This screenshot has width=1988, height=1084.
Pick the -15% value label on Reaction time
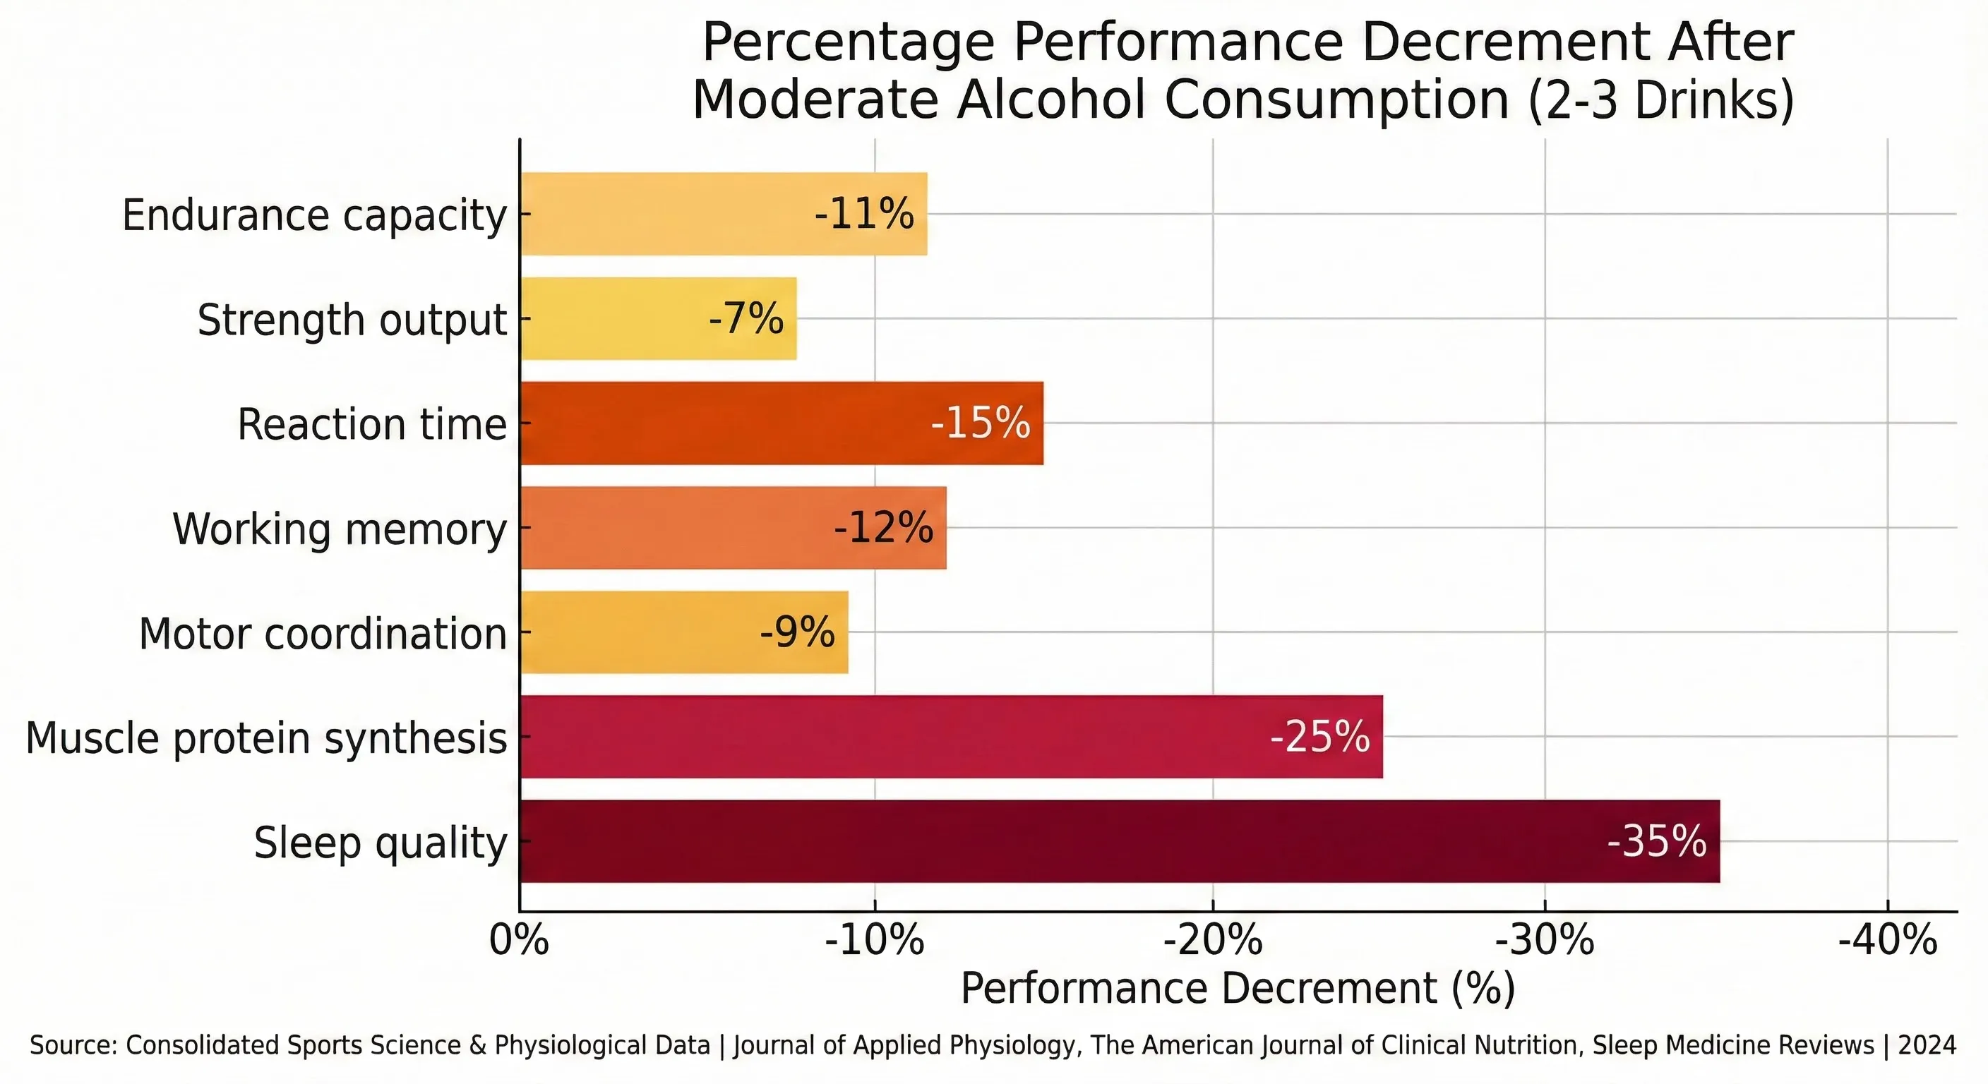[980, 423]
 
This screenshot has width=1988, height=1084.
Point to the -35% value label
[1656, 841]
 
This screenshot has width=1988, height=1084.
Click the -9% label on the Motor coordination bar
[797, 632]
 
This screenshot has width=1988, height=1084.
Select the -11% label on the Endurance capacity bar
[864, 214]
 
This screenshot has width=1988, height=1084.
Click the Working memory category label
[340, 529]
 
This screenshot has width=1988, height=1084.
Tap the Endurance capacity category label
[314, 215]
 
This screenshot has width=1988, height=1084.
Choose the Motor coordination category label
[323, 634]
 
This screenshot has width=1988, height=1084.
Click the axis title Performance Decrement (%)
[1237, 988]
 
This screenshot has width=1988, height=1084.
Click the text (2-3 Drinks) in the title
[1660, 100]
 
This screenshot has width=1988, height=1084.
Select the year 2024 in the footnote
[1927, 1045]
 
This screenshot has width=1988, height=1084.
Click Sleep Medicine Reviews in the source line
[1733, 1045]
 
